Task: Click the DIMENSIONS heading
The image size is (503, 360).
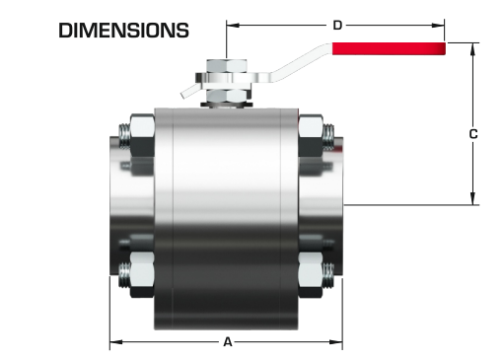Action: [x=123, y=31]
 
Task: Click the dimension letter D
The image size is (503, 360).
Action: [x=337, y=26]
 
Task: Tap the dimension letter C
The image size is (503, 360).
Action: [x=472, y=134]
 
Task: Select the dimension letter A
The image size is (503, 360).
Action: [x=228, y=342]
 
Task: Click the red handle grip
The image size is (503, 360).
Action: [x=389, y=48]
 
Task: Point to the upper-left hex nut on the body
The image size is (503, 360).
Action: [x=142, y=135]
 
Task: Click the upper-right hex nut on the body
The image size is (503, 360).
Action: [x=310, y=135]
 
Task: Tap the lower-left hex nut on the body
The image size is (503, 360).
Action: [x=142, y=275]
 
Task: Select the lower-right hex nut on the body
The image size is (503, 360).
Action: [x=310, y=275]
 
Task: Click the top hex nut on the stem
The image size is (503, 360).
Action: [x=227, y=66]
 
